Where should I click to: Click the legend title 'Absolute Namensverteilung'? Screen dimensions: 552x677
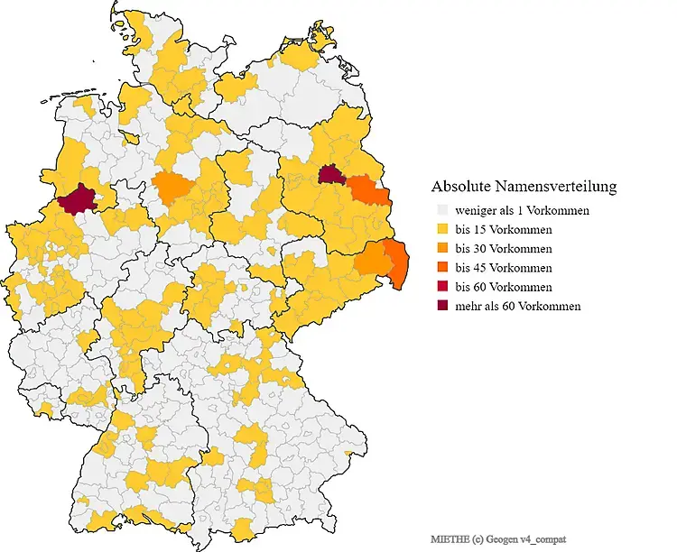[524, 187]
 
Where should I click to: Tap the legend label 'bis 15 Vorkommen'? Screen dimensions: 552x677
[504, 229]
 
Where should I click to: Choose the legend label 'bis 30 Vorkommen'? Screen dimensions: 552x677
[504, 248]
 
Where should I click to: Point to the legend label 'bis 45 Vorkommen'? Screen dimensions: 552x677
[504, 268]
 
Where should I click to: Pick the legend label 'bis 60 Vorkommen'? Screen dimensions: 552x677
[504, 287]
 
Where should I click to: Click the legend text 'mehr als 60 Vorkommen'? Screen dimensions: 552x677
[517, 306]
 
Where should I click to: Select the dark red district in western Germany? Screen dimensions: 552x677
[78, 198]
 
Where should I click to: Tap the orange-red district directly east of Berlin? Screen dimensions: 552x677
[363, 190]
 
